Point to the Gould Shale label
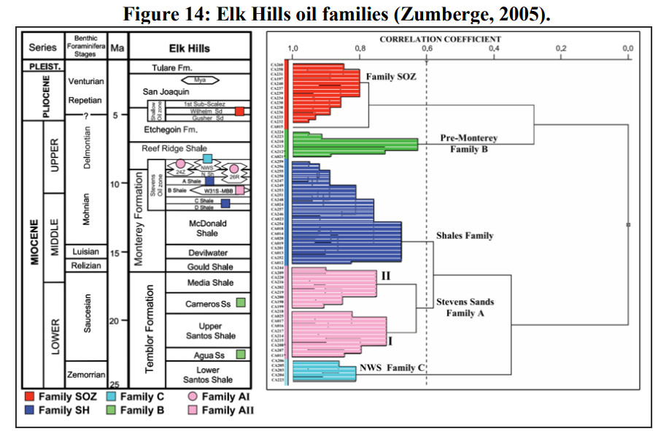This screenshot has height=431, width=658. coord(206,267)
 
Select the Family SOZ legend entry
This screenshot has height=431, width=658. coord(62,397)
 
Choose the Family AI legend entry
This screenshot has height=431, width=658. coord(220,397)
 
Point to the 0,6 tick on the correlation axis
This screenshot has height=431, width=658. coord(427,49)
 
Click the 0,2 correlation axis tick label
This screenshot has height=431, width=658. coord(561,49)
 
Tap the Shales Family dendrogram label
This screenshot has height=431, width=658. coord(465,235)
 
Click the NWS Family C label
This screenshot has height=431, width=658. coord(392,367)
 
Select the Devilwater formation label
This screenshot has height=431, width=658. coord(206,252)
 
